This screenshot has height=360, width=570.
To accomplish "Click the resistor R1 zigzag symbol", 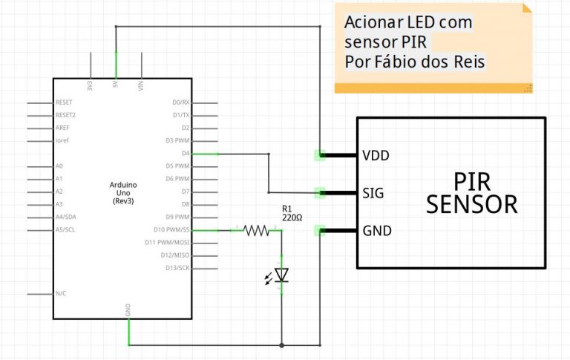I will point(257,231).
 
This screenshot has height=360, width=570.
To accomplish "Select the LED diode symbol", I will point(281,275).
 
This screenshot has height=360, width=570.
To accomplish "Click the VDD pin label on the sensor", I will point(376,156).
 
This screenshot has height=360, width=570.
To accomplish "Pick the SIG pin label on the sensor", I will point(373,193).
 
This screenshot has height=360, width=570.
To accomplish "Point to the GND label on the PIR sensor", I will point(377,231).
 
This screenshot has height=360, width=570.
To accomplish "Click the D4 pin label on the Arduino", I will point(186,154).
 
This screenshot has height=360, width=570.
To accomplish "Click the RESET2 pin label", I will point(65,115).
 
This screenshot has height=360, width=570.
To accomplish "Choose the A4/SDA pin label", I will point(65,217).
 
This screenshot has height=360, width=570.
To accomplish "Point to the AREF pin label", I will point(62,128).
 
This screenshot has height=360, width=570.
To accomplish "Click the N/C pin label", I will point(61,294).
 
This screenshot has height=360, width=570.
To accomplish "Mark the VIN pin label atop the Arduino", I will point(140,86).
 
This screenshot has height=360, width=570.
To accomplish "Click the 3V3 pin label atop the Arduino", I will point(90,85).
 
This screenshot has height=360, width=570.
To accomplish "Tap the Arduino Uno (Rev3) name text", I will point(122,192).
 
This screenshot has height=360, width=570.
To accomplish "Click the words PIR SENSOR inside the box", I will point(471,192).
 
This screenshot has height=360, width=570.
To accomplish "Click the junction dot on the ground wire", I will point(281,345).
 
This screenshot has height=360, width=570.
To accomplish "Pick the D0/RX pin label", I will point(182,102).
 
